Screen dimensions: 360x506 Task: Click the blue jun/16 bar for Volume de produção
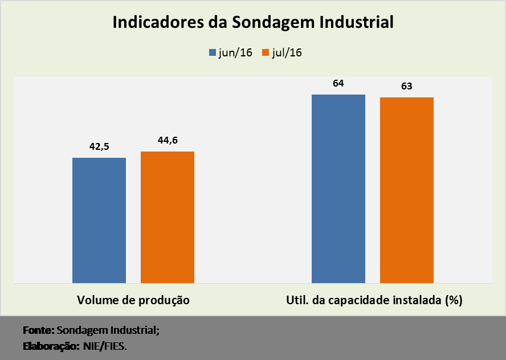(x=99, y=220)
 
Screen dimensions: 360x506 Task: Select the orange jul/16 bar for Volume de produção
(x=168, y=217)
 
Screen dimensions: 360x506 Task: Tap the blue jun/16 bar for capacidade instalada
(x=338, y=189)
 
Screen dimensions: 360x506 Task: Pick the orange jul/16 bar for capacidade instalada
(x=407, y=190)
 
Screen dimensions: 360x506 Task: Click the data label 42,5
(x=99, y=146)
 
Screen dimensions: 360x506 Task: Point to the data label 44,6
(x=168, y=140)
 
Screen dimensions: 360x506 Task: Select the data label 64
(x=338, y=83)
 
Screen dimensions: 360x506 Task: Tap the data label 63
(x=407, y=87)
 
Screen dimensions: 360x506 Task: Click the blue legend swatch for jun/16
(x=211, y=53)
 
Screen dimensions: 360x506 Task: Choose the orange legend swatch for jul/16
(x=265, y=53)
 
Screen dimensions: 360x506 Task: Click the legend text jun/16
(x=235, y=53)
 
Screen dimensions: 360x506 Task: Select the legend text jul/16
(x=287, y=53)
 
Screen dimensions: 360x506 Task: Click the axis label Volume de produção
(x=133, y=300)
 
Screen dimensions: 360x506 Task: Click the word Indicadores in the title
(x=156, y=23)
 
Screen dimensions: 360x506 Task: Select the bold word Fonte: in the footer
(x=38, y=330)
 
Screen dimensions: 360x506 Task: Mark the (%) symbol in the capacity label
(x=454, y=300)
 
